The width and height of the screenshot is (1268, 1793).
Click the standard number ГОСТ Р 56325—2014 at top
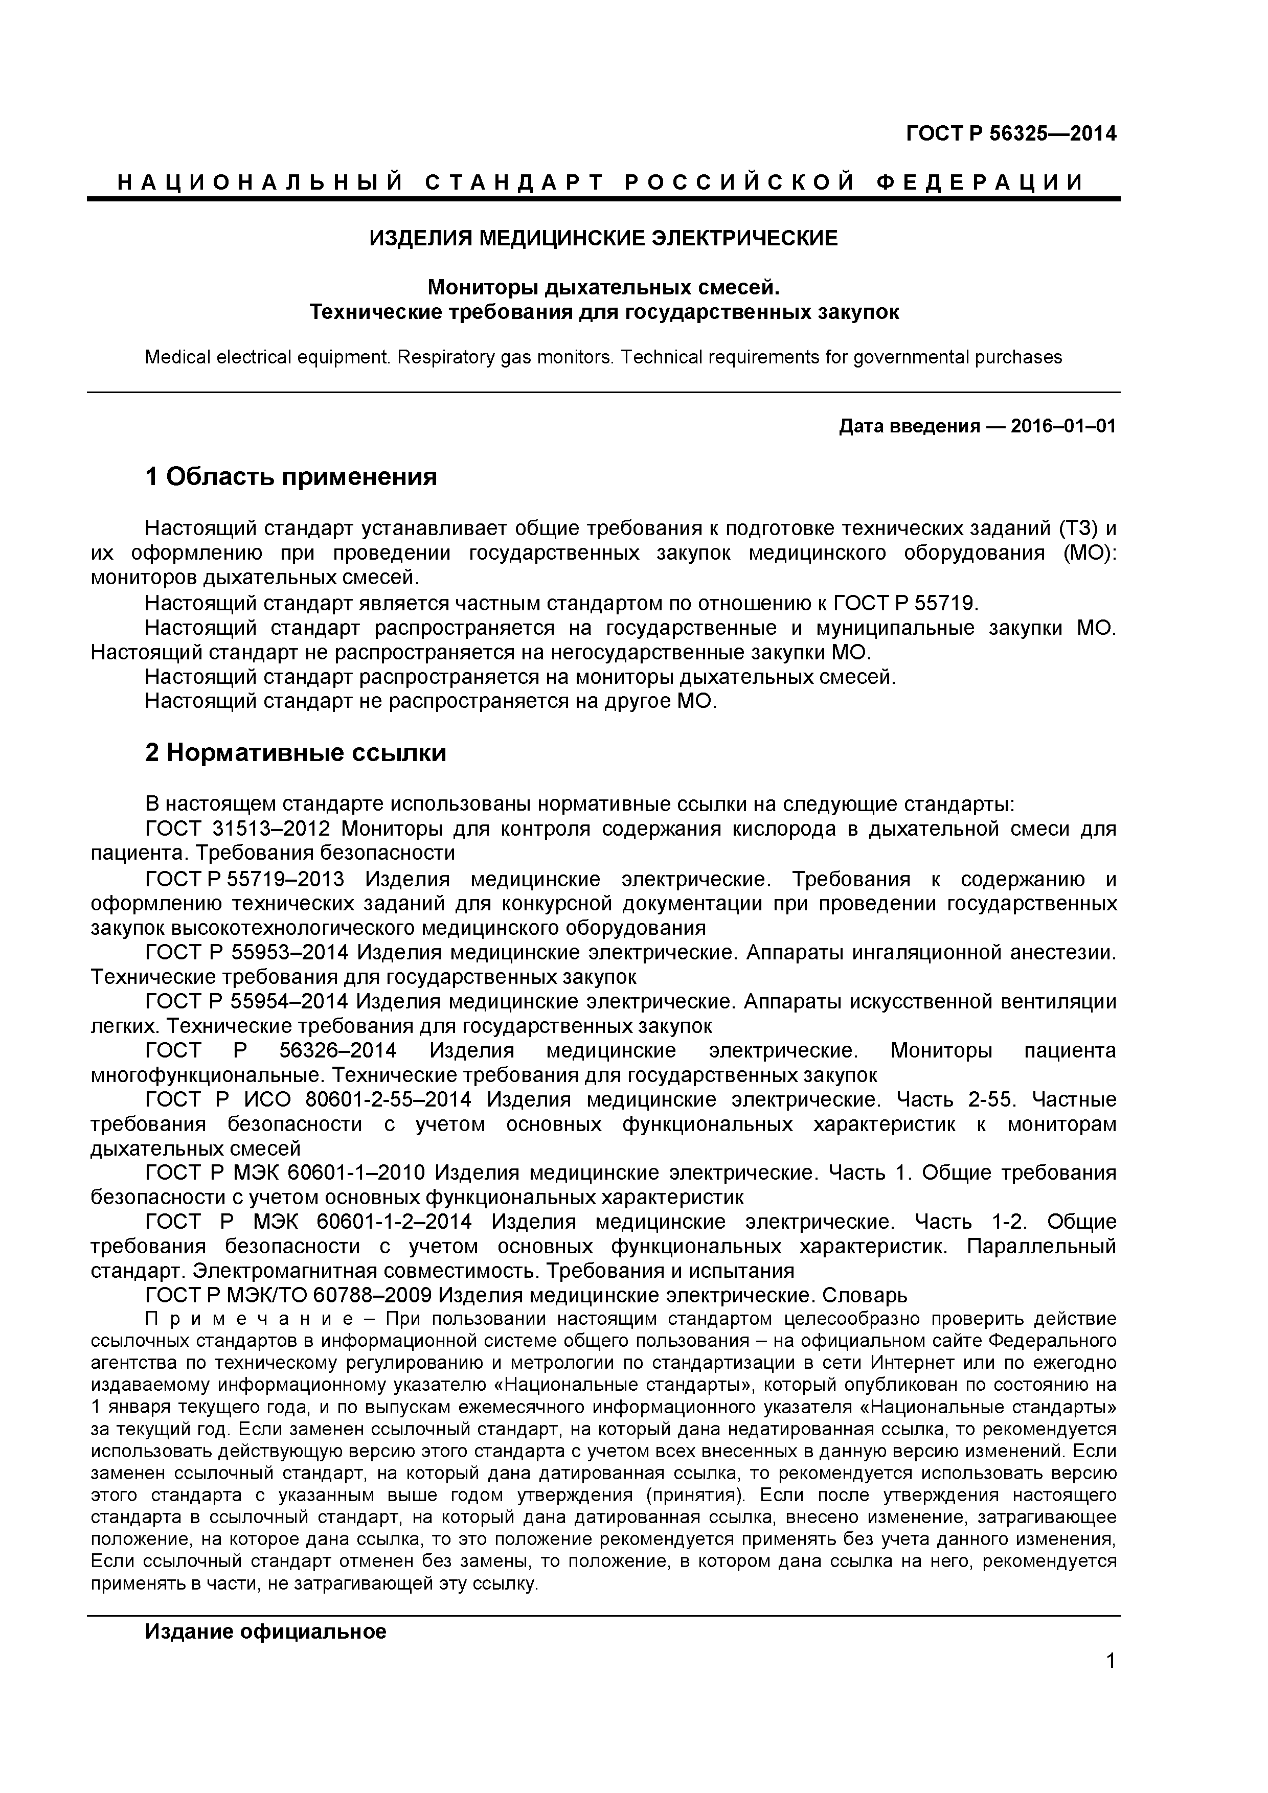1011,133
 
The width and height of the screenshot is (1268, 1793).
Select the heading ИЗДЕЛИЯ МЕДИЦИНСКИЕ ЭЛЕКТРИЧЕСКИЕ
603,238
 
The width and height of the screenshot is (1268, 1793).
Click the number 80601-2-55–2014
388,1099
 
